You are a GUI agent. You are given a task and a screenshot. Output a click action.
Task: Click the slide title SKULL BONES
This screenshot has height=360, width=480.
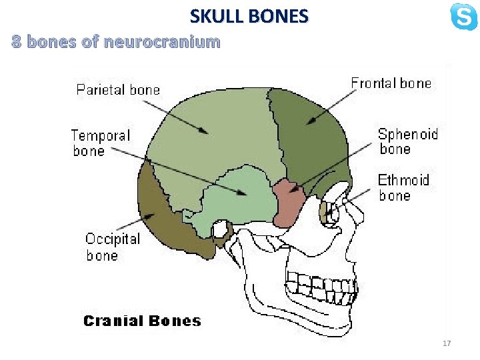point(249,15)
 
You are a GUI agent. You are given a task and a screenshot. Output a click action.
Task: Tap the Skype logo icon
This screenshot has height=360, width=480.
point(463,17)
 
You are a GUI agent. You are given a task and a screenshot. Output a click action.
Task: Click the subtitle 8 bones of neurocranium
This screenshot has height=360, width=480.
point(116,43)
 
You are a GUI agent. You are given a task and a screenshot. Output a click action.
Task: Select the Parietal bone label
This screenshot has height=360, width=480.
point(118,89)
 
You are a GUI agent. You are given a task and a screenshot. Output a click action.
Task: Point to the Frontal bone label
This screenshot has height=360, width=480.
point(391,83)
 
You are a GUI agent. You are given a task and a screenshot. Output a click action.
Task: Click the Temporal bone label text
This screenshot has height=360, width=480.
point(101,143)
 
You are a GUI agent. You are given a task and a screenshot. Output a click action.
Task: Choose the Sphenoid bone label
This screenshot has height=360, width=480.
point(408,141)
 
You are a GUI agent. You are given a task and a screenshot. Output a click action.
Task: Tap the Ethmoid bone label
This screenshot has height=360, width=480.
point(404,187)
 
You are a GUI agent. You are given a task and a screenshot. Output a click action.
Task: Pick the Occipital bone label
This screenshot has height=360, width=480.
point(113,247)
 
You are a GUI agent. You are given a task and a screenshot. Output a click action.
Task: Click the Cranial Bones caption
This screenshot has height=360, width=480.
point(141,321)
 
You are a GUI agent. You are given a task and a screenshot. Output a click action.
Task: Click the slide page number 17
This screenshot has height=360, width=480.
point(447,343)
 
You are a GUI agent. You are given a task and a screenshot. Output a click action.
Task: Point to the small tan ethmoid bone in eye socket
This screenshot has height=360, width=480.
point(325,213)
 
